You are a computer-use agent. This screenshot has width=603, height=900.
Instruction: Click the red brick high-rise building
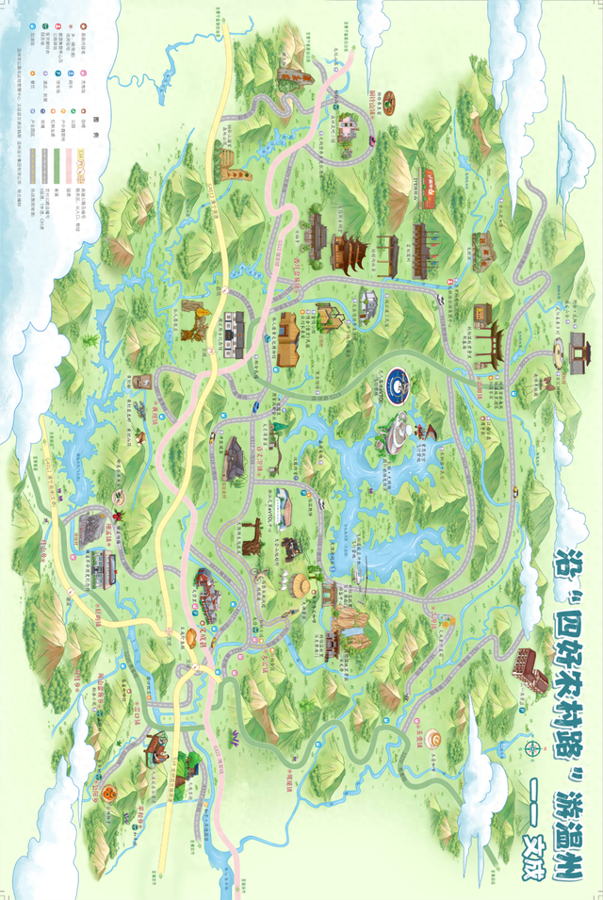point(530,668)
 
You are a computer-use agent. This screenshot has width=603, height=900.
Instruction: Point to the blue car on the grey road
point(256,407)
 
